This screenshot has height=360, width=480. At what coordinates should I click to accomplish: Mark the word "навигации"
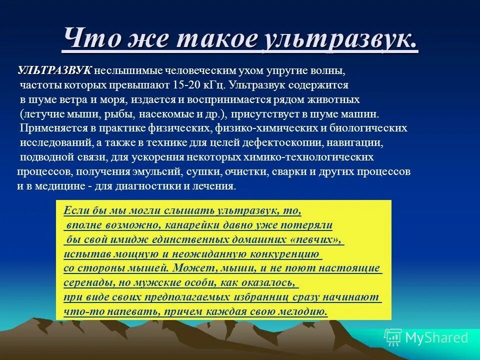[x=358, y=142]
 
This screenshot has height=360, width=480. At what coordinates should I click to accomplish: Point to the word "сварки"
[x=289, y=171]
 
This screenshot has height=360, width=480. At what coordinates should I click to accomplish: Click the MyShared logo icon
[x=393, y=337]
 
